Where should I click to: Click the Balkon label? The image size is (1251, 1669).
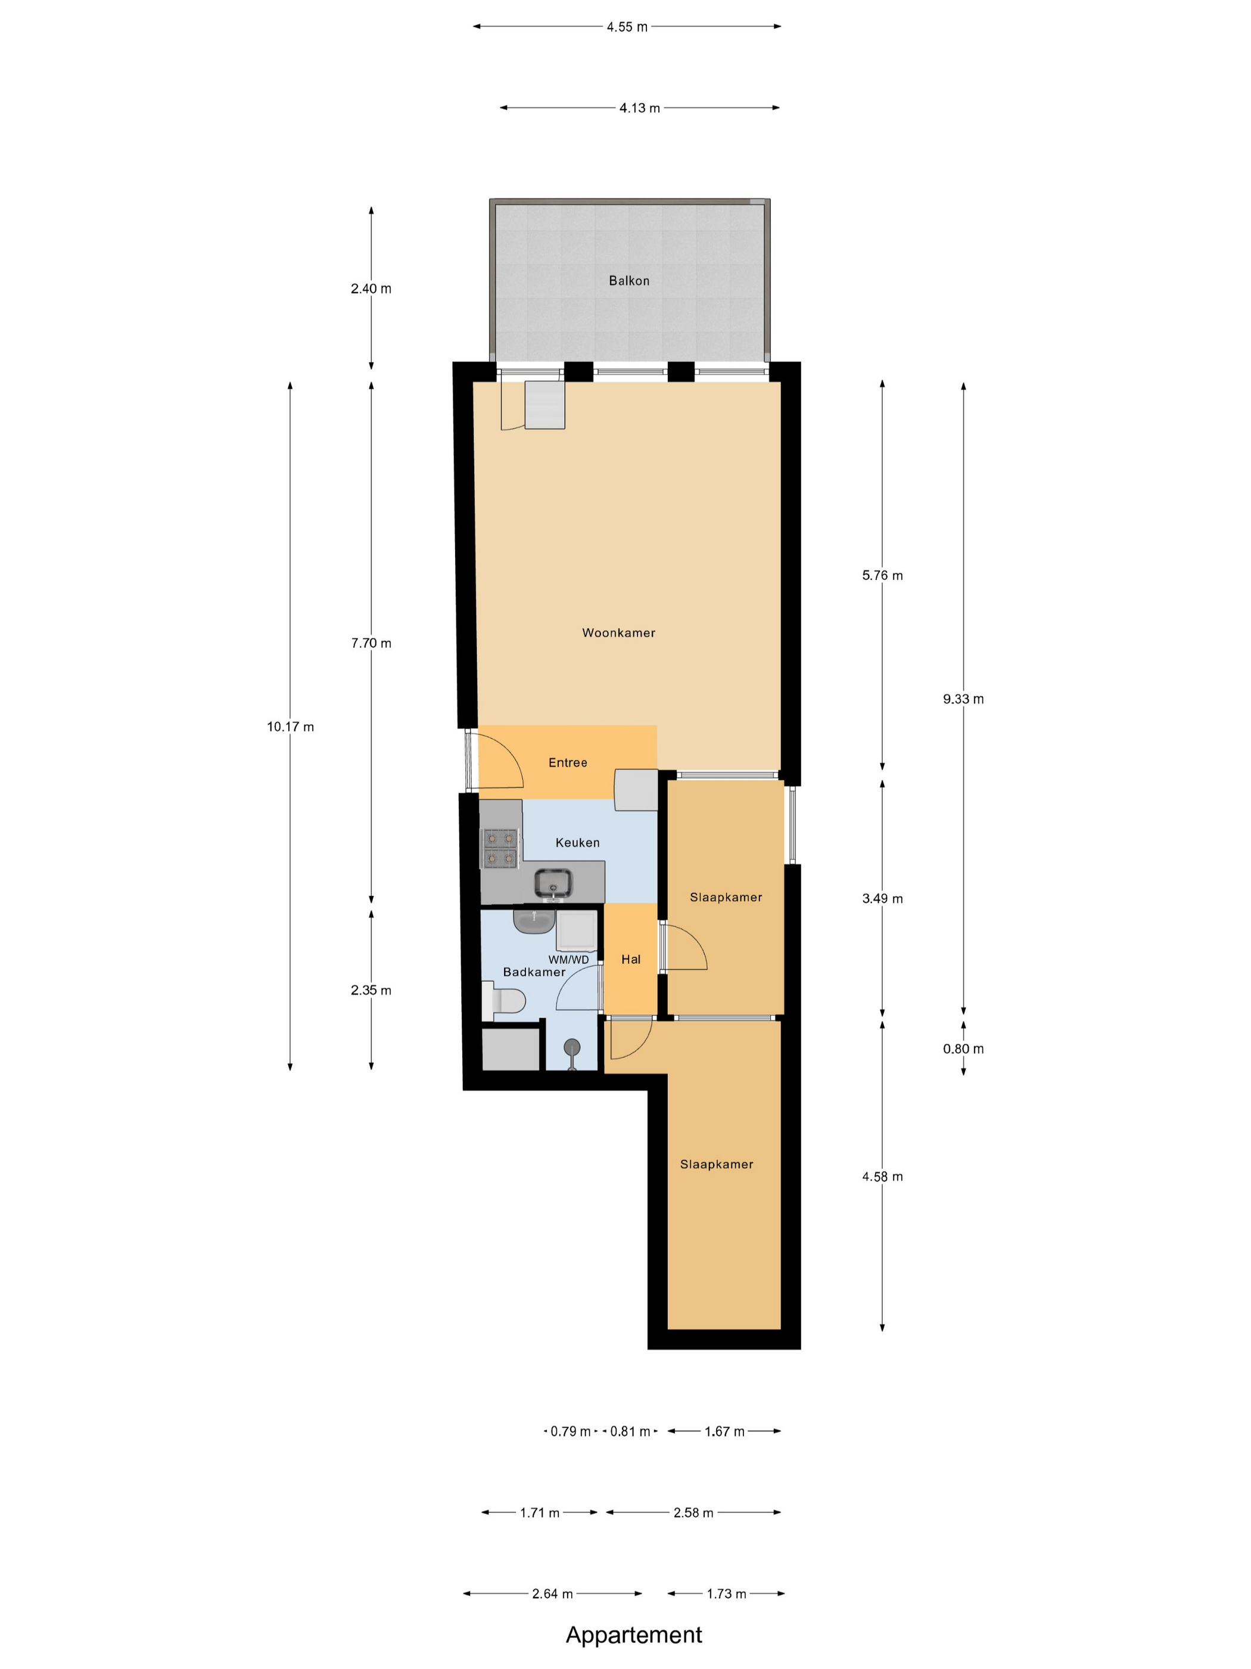[629, 281]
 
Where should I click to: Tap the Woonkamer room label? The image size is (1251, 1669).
[618, 633]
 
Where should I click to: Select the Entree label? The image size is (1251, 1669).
[568, 763]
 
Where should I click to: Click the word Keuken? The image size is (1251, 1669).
[578, 843]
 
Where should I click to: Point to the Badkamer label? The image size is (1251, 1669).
[534, 972]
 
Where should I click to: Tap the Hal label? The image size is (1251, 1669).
[631, 960]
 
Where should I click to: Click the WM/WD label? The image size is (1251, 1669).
[568, 960]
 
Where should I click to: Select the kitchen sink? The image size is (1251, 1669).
[553, 883]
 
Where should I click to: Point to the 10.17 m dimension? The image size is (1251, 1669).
[290, 727]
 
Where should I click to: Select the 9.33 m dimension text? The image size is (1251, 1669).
[963, 699]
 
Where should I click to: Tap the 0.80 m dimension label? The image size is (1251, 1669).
[963, 1048]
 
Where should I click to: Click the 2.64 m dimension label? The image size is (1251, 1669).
[553, 1593]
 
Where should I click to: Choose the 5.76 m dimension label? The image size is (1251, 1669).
[882, 576]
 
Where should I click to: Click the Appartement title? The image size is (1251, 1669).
[633, 1634]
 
